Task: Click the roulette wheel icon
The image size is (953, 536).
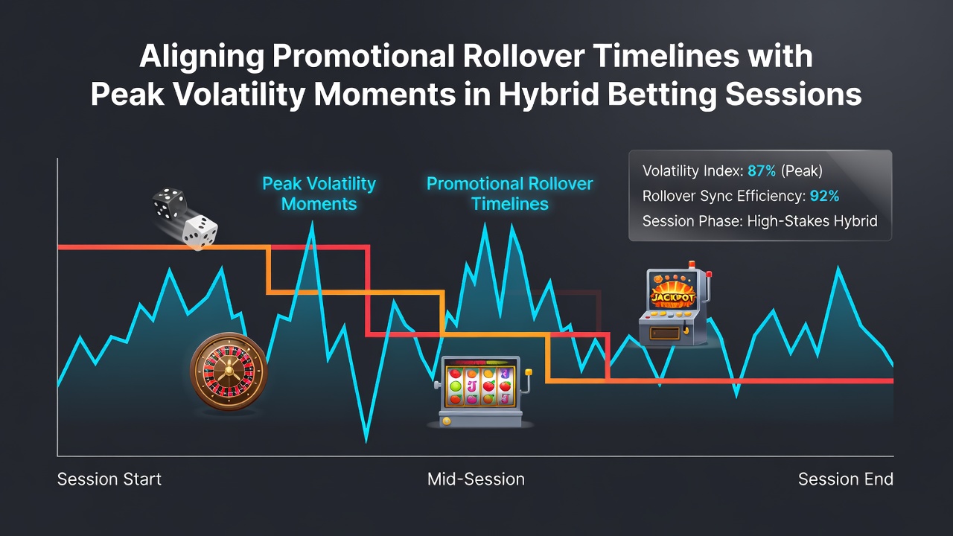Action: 229,371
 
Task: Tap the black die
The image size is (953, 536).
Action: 169,203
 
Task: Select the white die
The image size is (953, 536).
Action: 200,232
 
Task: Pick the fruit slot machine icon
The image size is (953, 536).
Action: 481,392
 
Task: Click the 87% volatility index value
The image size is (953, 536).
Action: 762,171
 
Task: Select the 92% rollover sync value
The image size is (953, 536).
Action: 824,196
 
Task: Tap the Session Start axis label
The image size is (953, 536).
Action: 109,479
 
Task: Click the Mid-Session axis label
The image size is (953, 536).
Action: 476,479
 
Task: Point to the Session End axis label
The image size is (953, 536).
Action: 845,479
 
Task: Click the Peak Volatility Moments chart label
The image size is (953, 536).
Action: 319,194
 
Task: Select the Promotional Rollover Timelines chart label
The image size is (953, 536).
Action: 510,194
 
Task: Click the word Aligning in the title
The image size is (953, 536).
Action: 202,57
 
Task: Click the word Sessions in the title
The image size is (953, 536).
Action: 793,95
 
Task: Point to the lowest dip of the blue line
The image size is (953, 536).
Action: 366,441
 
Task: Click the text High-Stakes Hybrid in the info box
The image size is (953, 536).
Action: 812,221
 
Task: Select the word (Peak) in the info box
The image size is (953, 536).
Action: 802,171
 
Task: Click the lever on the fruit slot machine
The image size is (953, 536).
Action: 526,380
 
